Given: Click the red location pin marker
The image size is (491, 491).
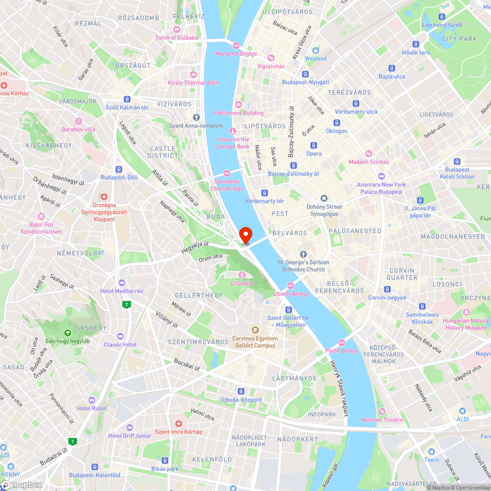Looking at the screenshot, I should coord(245,235).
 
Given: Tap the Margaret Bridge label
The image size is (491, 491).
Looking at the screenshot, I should coord(236,54).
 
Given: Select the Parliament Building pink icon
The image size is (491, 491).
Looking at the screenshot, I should coord(239,104).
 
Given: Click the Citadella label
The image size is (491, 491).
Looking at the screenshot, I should coord(242,283).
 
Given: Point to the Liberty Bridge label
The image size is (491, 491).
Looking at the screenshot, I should coord(291,294).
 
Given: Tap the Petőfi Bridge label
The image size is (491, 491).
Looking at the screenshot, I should coord(342,351).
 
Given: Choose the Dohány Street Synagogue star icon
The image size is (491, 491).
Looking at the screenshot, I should coord(324,198).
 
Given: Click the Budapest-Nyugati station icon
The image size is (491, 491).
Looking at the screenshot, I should coord(305,74).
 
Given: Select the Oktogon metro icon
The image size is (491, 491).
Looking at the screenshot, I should coord(337,123).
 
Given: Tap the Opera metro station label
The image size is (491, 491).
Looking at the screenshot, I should coord(314,154).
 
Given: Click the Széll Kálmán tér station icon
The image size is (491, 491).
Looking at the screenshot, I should coord(127,99).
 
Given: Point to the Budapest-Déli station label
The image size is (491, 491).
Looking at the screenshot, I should coord(119,177).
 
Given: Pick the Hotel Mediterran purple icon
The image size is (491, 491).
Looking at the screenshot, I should coord(122,282).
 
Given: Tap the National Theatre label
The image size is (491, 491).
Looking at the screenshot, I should coord(382,420).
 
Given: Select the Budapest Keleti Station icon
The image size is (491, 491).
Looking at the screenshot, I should coord(457,161).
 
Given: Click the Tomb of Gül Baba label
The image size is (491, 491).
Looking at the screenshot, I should coord(177,38).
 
